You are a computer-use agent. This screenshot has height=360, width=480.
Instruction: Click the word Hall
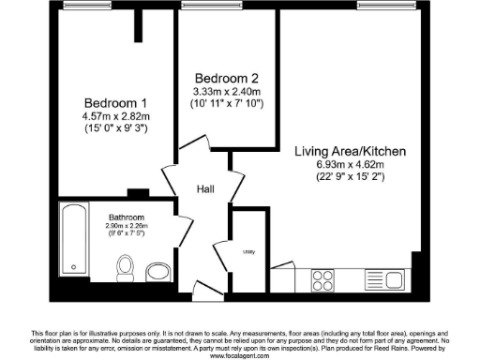(x=205, y=189)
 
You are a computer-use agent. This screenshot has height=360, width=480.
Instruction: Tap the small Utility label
(x=250, y=252)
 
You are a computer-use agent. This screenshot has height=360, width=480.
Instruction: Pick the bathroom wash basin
(x=157, y=272)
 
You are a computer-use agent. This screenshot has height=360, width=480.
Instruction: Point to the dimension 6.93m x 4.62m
(x=352, y=165)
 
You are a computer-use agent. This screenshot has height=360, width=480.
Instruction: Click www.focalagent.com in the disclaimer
(x=240, y=355)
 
